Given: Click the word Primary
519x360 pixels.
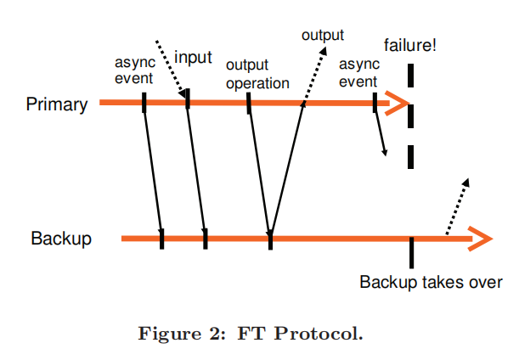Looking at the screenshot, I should coord(57,104).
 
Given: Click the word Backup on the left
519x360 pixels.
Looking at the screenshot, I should coord(61,239).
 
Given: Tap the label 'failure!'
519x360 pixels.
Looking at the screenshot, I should coord(410,44).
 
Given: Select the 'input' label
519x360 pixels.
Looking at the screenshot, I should coord(193,58).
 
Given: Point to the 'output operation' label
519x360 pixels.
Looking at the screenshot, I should coord(257,75).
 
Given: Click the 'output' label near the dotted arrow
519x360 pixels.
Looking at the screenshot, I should coord(323,36).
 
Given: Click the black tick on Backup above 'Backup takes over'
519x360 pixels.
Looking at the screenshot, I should coord(411,251).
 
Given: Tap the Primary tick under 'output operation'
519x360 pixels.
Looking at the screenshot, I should coord(249,103).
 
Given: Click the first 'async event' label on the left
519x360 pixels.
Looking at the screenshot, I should coord(134,71).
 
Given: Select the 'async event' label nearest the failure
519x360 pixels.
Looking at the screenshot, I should coord(358,73).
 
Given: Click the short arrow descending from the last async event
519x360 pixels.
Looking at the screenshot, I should coord(381,132).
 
